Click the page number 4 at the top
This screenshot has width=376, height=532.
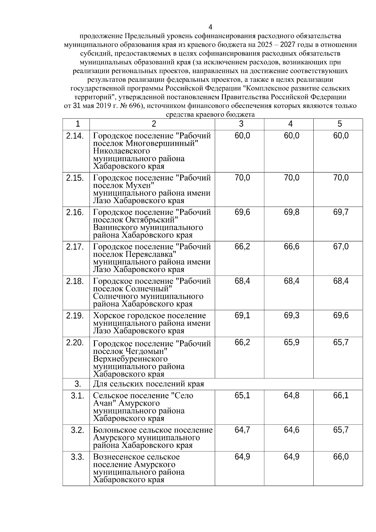210,27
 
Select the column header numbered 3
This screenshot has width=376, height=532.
241,124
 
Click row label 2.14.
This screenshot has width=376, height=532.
75,136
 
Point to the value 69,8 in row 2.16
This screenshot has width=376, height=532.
291,213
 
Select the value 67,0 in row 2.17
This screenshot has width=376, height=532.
341,247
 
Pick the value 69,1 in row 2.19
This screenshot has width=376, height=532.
242,316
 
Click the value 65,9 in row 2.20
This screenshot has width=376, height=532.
291,343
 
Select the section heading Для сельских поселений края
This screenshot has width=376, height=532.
149,384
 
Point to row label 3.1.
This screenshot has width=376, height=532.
77,396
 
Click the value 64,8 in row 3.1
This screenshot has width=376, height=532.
291,396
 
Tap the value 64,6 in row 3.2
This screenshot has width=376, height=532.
291,430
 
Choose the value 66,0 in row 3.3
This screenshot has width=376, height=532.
341,457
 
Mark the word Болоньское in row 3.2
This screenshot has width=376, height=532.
114,430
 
